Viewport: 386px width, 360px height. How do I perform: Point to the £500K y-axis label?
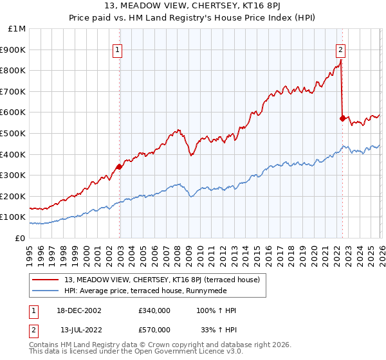pyautogui.click(x=14, y=133)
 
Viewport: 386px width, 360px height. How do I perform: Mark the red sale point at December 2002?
pyautogui.click(x=119, y=166)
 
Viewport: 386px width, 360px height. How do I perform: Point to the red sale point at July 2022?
pyautogui.click(x=342, y=118)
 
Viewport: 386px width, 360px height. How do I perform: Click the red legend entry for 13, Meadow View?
pyautogui.click(x=161, y=280)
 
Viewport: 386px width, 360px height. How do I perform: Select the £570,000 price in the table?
pyautogui.click(x=154, y=329)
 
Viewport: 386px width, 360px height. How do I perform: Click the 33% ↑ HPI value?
pyautogui.click(x=218, y=329)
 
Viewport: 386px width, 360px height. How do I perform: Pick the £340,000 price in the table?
pyautogui.click(x=154, y=310)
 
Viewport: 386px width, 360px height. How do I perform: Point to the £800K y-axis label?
pyautogui.click(x=14, y=71)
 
